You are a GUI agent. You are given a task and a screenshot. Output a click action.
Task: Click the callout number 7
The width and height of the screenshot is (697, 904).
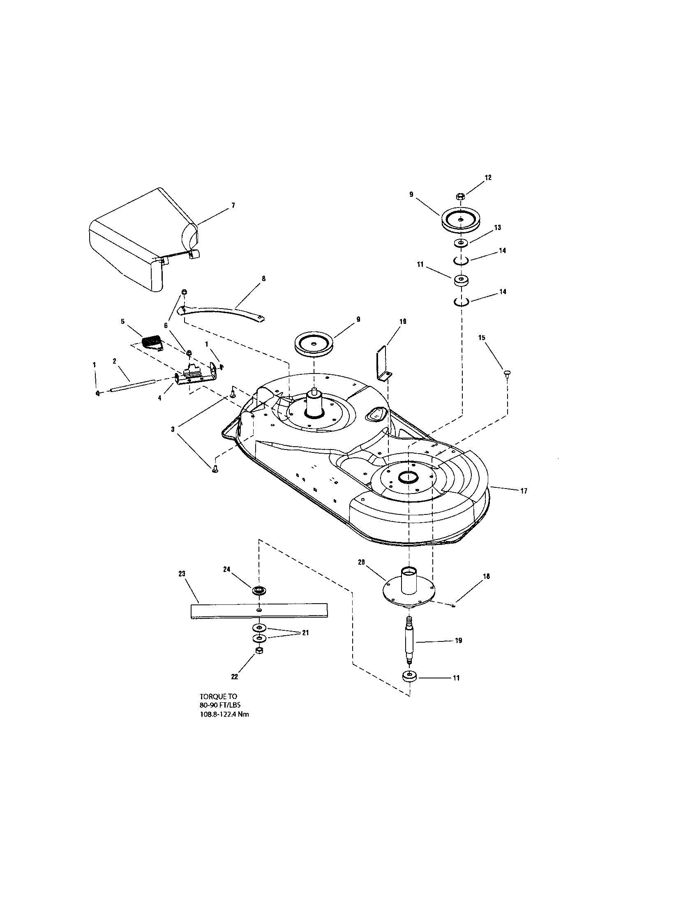233,205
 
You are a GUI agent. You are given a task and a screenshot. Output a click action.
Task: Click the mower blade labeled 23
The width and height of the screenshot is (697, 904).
259,611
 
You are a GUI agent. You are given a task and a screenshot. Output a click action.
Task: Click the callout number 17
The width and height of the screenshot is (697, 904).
524,491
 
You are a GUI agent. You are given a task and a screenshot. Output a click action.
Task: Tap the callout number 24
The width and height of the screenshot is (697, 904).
226,570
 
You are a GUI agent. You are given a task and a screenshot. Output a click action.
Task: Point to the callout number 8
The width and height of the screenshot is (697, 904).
264,279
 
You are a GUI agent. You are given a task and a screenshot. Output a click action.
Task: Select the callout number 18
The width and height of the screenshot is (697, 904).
486,576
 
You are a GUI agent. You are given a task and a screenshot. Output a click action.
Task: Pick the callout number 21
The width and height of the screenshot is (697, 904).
305,633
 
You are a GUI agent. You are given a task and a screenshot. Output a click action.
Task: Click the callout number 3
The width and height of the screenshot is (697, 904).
173,430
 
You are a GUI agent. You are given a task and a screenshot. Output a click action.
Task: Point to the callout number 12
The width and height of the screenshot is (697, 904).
488,178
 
